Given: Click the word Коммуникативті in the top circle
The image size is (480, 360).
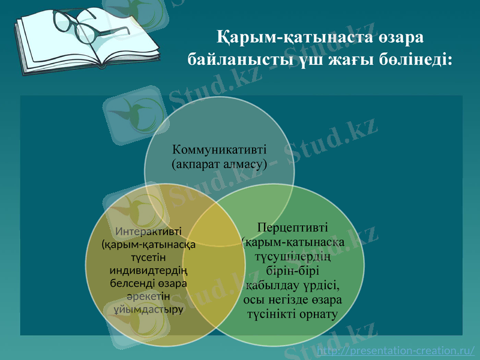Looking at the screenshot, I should (x=219, y=149).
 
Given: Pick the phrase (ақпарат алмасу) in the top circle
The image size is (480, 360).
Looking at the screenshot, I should (x=219, y=163).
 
